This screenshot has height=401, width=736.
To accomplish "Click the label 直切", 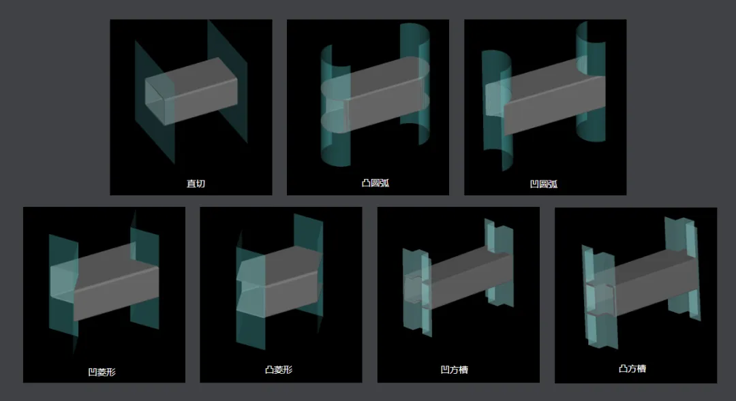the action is click(x=196, y=183).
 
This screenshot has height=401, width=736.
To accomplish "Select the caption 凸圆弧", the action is click(x=375, y=183).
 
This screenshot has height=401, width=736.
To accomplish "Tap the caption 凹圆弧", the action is click(x=544, y=184).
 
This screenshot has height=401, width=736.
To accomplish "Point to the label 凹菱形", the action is click(x=102, y=372).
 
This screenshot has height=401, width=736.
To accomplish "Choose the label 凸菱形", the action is click(x=279, y=370).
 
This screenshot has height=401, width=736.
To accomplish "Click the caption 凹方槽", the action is click(x=455, y=370).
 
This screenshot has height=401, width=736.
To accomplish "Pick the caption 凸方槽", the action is click(x=632, y=368).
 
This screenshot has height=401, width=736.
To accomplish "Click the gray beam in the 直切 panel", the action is click(x=191, y=91).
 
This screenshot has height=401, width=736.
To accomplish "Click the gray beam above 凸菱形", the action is click(x=280, y=281).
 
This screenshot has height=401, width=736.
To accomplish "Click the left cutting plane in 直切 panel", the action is click(x=155, y=102).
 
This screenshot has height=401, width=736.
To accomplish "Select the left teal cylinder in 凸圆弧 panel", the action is click(x=335, y=106).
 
